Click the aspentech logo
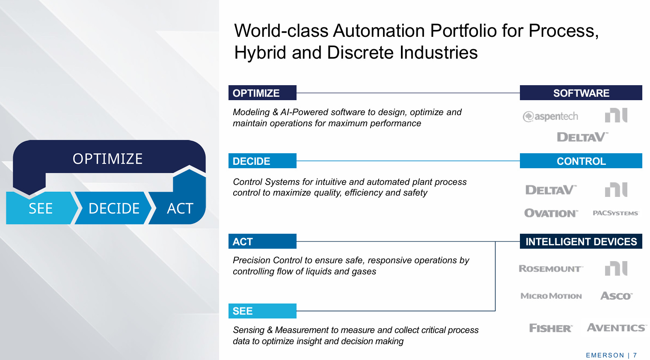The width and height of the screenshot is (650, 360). tap(550, 116)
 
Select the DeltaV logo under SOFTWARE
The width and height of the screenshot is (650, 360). tap(582, 137)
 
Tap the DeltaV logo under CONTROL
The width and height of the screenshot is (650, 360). tap(551, 190)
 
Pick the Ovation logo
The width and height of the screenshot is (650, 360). tap(551, 213)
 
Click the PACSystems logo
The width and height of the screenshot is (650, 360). tap(615, 213)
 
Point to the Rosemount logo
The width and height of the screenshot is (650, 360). tap(551, 268)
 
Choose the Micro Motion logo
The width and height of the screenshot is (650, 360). tap(551, 296)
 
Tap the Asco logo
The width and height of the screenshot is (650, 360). tap(616, 296)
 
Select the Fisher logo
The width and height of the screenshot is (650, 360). tap(551, 328)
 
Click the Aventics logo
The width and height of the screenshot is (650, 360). tap(617, 327)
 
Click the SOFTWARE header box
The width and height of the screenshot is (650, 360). tap(581, 93)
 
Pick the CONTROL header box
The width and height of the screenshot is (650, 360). tap(581, 161)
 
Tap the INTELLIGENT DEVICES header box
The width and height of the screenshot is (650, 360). tap(581, 241)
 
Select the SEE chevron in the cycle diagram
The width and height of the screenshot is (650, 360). tap(41, 208)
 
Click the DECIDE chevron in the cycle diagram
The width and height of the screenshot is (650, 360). tap(114, 208)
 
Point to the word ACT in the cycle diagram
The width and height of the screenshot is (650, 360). tap(180, 208)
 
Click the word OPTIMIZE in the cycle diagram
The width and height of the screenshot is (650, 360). tap(107, 159)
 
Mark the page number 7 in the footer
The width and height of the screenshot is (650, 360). tap(635, 355)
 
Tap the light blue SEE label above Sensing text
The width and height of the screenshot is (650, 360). tap(262, 311)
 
